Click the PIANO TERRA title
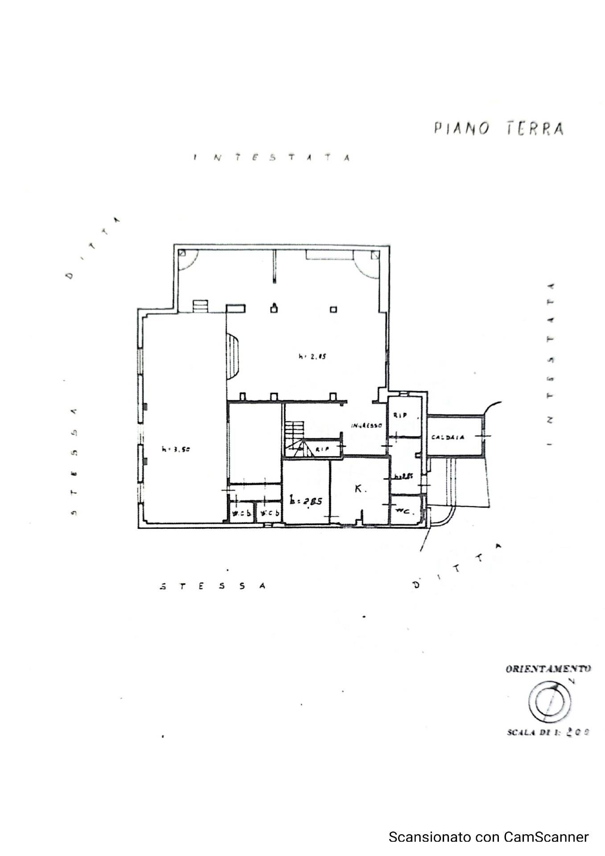tap(498, 128)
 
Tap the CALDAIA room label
tap(448, 437)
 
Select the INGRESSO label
tap(366, 426)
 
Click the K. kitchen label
tap(360, 489)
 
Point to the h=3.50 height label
tap(176, 449)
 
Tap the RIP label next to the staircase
tap(322, 449)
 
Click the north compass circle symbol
tap(550, 703)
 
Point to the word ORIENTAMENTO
tap(548, 669)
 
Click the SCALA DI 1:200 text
tap(548, 732)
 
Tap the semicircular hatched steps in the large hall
tap(233, 357)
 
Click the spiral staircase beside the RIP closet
tap(295, 439)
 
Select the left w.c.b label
tap(241, 514)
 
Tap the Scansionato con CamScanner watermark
tap(488, 837)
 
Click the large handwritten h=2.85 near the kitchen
tap(306, 501)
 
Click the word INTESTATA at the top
tap(272, 157)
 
